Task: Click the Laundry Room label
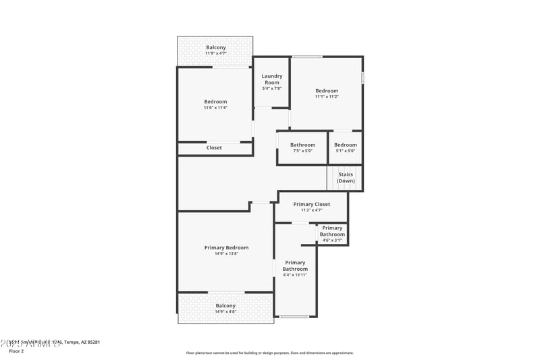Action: pos(271,79)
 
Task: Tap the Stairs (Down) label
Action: pos(346,178)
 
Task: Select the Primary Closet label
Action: pos(312,204)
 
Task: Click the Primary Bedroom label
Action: pos(227,248)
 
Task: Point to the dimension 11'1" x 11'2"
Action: pos(327,97)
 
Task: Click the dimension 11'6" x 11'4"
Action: pos(215,107)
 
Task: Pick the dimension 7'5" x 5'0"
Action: pos(302,151)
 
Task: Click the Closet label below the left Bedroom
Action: pos(214,148)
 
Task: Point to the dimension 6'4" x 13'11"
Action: pos(295,275)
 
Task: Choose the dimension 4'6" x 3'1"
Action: pos(332,240)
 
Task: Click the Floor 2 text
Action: pos(16,351)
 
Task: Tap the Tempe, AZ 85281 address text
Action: pos(82,342)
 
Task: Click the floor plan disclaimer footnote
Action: pos(269,353)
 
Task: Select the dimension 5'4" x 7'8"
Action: pos(271,88)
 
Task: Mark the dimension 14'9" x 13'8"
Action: pos(227,254)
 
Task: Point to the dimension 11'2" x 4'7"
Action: pos(312,210)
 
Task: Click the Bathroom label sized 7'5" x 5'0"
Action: pos(302,145)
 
